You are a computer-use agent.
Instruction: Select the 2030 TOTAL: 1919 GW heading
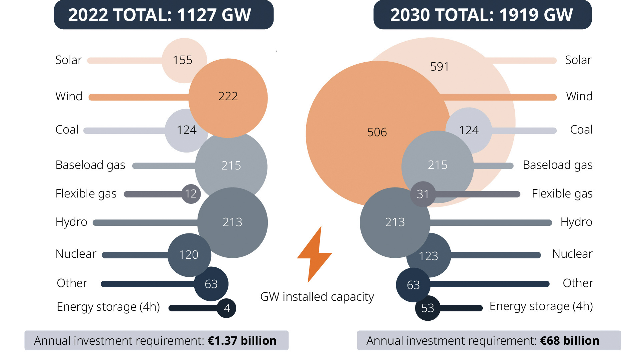[x=482, y=15]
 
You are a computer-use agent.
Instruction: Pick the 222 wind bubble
[x=228, y=97]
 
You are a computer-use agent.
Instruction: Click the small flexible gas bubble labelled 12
[x=191, y=194]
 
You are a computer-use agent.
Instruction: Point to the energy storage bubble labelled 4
[x=227, y=308]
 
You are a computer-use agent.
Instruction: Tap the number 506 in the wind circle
[x=377, y=133]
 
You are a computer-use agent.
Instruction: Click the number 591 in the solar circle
[x=440, y=67]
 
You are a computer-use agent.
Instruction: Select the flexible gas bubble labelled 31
[x=423, y=194]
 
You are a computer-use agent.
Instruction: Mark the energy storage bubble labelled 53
[x=427, y=308]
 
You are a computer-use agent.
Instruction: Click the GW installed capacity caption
[x=317, y=297]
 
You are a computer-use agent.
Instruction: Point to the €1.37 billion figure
[x=242, y=341]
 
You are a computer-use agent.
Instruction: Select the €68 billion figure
[x=570, y=341]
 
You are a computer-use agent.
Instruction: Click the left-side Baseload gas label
[x=90, y=165]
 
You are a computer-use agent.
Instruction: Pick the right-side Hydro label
[x=576, y=222]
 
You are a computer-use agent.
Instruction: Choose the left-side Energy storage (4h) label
[x=108, y=307]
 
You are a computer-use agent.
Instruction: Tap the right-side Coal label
[x=581, y=130]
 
